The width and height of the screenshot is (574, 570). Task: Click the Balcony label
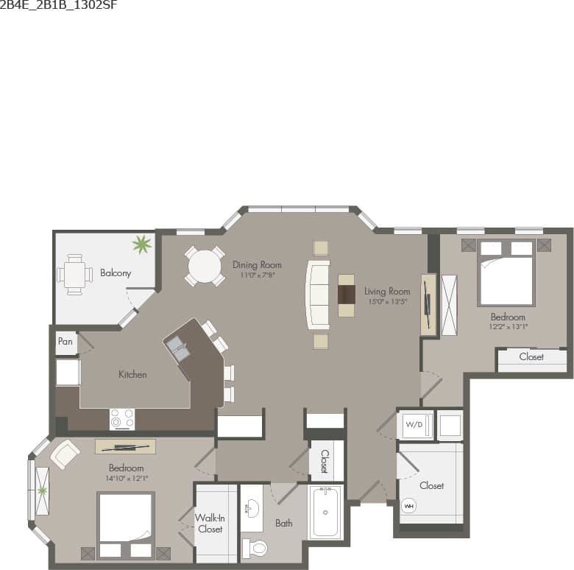(x=116, y=272)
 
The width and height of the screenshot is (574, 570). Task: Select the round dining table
(x=205, y=266)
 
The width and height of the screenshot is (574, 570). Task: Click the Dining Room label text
(x=257, y=264)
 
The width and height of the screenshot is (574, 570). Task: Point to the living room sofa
(x=318, y=295)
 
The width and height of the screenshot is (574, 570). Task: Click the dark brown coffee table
(x=346, y=295)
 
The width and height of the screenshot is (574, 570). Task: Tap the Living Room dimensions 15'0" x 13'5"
(x=387, y=301)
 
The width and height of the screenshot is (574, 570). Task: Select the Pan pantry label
(x=65, y=342)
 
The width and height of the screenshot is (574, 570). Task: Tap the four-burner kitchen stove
(x=122, y=419)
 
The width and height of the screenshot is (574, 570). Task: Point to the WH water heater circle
(x=408, y=506)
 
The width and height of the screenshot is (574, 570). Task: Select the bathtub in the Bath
(x=325, y=512)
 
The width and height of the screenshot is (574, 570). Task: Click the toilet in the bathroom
(x=255, y=548)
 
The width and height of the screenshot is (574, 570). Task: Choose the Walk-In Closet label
(x=210, y=524)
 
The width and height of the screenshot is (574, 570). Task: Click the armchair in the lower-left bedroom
(x=64, y=454)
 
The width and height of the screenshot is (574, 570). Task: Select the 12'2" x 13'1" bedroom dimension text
(x=509, y=326)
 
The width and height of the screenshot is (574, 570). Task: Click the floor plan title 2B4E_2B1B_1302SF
(x=59, y=6)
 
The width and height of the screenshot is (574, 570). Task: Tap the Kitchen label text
(x=132, y=374)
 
